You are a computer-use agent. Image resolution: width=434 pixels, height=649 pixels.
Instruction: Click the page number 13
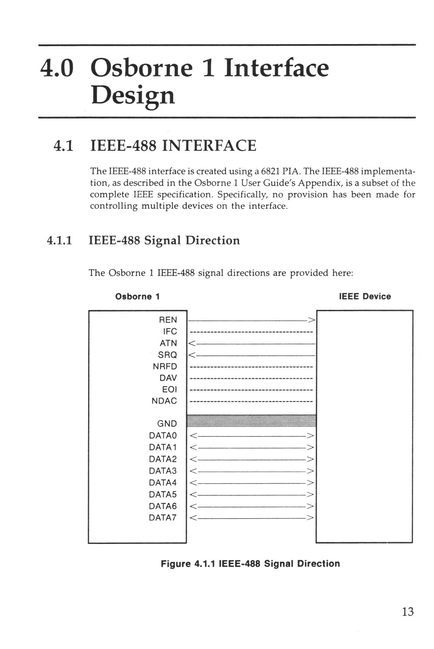tap(407, 612)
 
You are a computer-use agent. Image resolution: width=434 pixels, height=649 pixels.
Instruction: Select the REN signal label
tap(168, 320)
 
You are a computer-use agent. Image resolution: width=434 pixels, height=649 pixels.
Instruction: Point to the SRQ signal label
tap(167, 355)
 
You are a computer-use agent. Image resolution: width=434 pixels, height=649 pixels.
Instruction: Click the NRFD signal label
tap(165, 367)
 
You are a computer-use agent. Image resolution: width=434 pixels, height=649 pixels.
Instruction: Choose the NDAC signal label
tap(164, 401)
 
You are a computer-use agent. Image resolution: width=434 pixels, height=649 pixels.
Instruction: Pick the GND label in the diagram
tap(167, 424)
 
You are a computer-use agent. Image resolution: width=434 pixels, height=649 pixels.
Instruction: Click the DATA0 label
tap(163, 435)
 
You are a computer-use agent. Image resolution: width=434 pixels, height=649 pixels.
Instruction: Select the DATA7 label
tap(163, 518)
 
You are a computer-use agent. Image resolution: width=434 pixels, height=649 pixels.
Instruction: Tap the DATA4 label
tap(163, 483)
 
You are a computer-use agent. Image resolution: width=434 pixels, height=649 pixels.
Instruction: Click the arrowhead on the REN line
tap(311, 320)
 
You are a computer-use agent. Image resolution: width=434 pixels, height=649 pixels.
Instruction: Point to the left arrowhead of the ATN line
tap(191, 343)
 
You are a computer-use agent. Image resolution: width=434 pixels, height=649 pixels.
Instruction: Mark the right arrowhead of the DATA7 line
tap(310, 518)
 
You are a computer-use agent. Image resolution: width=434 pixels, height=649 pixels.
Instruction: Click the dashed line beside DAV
tap(252, 378)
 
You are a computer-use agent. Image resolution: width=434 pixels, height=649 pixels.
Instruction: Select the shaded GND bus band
tap(251, 421)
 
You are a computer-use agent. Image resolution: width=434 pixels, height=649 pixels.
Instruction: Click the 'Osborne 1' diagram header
tap(137, 297)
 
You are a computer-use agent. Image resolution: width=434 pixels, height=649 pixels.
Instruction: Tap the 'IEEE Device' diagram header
tap(365, 296)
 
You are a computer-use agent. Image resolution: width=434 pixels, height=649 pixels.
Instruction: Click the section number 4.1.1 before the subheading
tap(59, 241)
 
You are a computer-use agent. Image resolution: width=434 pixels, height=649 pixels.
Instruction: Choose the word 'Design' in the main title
tap(133, 95)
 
